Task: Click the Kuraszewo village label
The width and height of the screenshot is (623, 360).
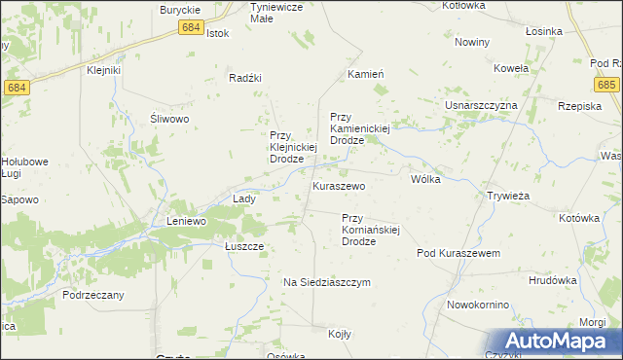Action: [x=338, y=185]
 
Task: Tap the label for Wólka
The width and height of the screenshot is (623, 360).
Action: [x=426, y=179]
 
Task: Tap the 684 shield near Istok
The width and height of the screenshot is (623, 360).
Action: [x=192, y=28]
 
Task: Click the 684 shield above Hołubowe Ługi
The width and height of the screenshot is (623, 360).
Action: [x=15, y=88]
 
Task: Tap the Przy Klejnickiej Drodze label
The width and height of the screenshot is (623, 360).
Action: [x=295, y=147]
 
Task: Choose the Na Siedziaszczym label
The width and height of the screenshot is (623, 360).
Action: [x=327, y=282]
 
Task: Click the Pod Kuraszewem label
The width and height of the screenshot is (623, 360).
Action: [x=458, y=253]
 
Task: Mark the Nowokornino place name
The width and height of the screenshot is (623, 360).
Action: [x=478, y=305]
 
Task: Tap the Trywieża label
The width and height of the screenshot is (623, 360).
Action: [x=507, y=196]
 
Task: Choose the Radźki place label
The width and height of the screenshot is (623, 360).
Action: [x=246, y=78]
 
